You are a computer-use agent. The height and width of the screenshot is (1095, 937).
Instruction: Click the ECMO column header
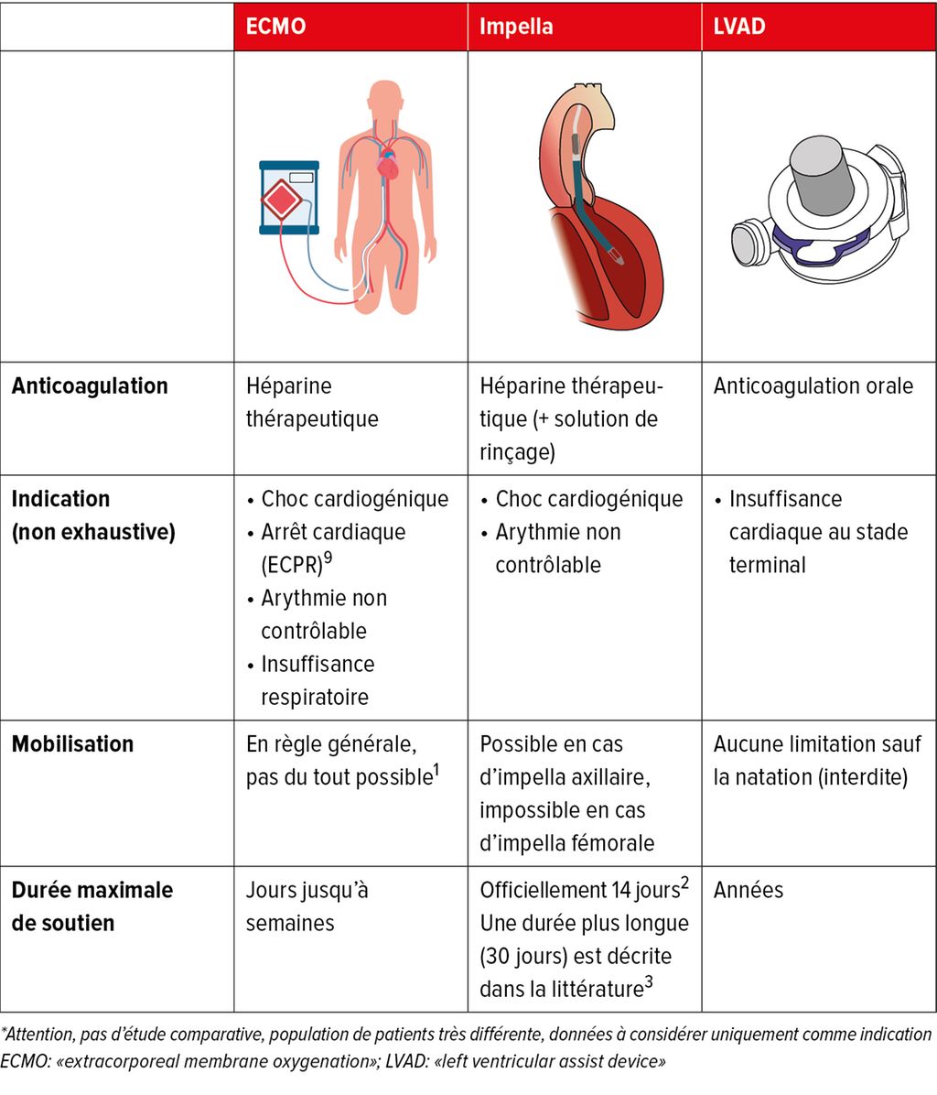pos(275,27)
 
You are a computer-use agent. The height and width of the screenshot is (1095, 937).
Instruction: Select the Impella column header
pos(515,27)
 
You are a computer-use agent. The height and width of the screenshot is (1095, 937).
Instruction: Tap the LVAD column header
pos(738,27)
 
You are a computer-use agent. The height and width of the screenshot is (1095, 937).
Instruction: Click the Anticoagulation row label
pos(90,386)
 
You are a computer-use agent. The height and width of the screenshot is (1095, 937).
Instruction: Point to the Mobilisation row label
pos(72,743)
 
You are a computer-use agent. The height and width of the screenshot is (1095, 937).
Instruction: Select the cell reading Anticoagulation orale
pos(813,386)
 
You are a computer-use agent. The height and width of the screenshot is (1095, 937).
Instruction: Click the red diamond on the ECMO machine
pos(282,200)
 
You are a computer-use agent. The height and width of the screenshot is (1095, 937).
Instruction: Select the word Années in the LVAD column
pos(748,891)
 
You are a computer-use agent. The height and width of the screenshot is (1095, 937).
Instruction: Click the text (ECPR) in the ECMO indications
pos(292,565)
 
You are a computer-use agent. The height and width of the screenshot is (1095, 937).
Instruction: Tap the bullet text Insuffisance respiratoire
pos(318,680)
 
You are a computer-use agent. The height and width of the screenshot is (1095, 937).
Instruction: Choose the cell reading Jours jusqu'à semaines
pos(307,906)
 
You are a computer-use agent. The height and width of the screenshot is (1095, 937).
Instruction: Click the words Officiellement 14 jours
pos(580,891)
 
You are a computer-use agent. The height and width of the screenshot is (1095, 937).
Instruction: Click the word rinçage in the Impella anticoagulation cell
pos(517,452)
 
